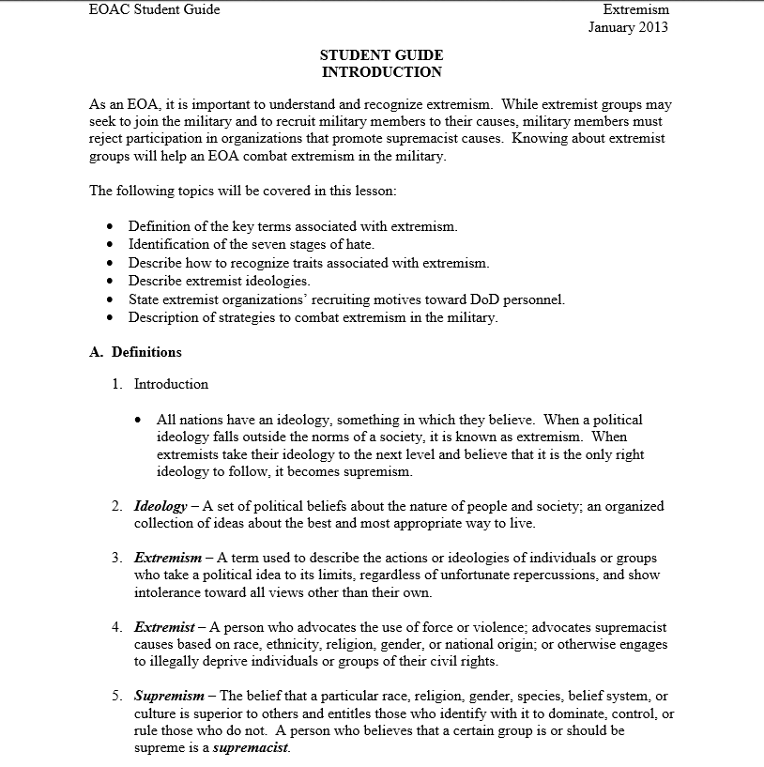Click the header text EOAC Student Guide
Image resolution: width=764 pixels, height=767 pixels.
[x=154, y=9]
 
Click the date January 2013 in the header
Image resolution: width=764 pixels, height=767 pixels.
[x=628, y=27]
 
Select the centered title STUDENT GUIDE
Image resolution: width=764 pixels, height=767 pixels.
[x=381, y=55]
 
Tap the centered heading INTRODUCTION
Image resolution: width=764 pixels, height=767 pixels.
[x=381, y=72]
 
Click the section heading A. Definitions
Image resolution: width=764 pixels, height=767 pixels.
[x=135, y=352]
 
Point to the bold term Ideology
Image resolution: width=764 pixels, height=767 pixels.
[x=160, y=506]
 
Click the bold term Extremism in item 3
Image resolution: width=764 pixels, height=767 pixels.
[x=168, y=558]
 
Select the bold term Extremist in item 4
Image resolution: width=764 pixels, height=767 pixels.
[x=164, y=626]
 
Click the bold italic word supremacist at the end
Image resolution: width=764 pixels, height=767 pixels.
[x=251, y=748]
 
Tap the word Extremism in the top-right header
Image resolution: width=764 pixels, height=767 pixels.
[x=635, y=9]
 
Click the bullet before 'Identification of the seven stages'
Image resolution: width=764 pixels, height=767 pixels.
[x=112, y=245]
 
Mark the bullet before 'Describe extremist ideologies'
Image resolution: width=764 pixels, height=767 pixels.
[x=112, y=282]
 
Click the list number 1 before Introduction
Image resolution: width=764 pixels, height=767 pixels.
[x=116, y=384]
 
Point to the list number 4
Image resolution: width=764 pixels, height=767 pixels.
[x=116, y=626]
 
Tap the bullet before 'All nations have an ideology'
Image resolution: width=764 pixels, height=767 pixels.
[x=139, y=421]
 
